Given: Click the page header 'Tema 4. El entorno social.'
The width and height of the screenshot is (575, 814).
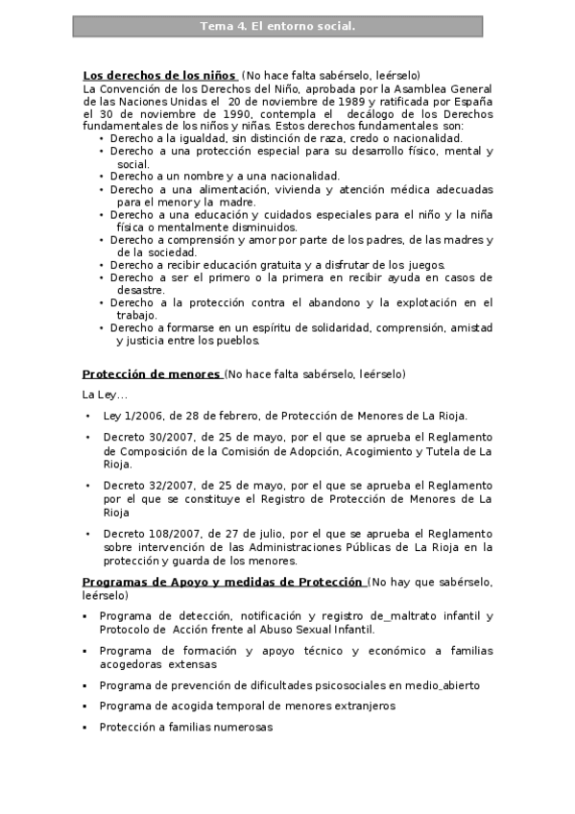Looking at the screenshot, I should (277, 27).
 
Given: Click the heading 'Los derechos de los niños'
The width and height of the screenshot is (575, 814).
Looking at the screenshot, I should (159, 75).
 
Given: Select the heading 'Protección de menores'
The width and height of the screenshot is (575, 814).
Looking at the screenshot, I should (151, 374).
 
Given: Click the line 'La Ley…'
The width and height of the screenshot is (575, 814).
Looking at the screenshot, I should (105, 395).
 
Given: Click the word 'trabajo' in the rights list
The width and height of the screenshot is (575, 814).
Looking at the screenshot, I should (136, 315).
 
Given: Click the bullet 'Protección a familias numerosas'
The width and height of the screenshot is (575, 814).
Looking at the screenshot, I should (185, 728).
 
